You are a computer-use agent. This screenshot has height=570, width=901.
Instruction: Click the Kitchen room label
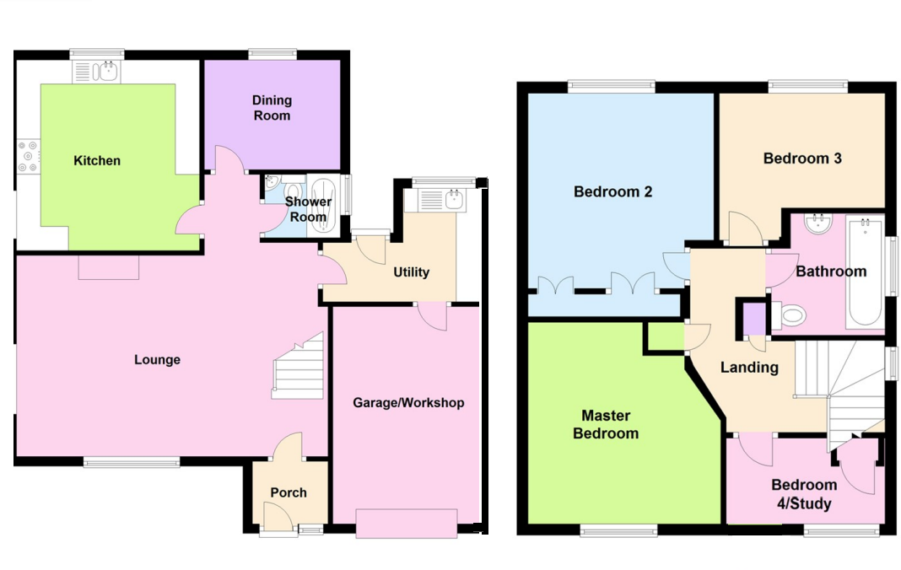(x=97, y=161)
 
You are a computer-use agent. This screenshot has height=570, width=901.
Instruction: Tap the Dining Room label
(x=272, y=109)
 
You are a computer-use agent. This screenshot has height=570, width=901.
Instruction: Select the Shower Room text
(x=308, y=209)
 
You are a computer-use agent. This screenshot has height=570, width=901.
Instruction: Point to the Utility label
(x=411, y=272)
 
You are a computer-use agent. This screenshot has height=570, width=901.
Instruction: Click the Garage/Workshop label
(x=408, y=403)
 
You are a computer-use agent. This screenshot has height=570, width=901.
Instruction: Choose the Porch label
(x=289, y=492)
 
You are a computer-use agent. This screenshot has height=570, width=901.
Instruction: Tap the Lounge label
(x=158, y=360)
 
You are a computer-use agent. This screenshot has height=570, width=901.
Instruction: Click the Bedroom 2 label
(x=613, y=192)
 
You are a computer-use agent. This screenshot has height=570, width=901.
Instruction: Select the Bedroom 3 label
(x=802, y=159)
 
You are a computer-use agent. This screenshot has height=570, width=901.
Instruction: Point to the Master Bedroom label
(x=606, y=425)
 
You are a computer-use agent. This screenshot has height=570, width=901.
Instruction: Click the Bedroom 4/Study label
(x=804, y=494)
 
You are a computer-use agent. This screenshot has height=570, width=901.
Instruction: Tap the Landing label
(x=749, y=368)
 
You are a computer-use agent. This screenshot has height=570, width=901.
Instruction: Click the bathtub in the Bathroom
(x=865, y=272)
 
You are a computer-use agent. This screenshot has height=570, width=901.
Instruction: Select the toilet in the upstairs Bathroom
(x=791, y=316)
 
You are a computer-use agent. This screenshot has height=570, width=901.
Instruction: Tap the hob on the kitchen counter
(x=30, y=156)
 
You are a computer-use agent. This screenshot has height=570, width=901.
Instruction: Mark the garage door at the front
(x=407, y=523)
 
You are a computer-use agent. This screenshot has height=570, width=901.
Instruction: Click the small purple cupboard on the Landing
(x=754, y=320)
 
